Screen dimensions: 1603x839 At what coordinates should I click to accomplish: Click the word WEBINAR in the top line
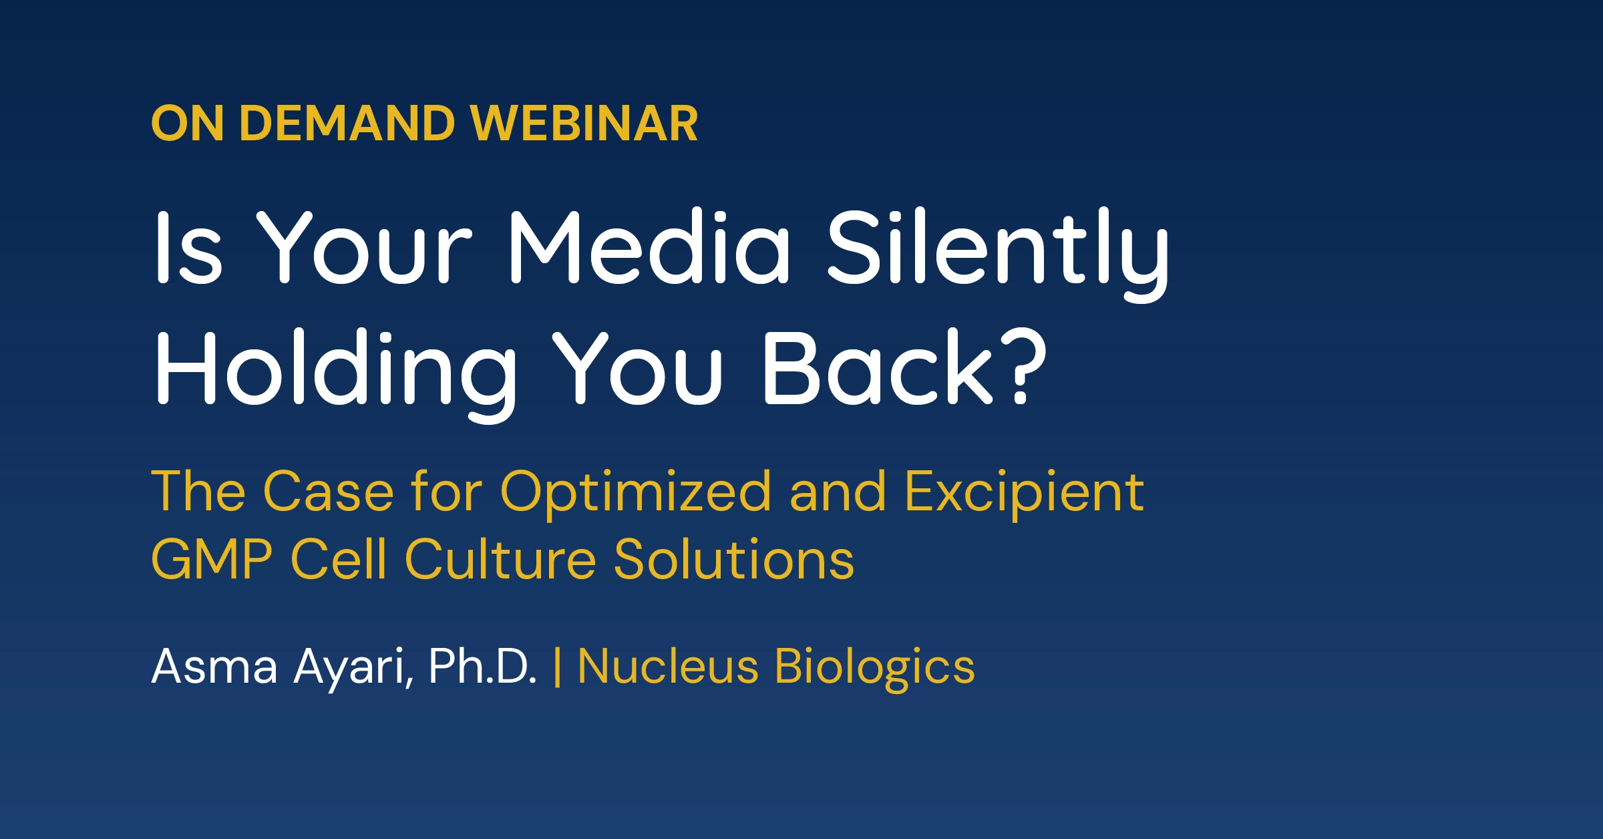584,124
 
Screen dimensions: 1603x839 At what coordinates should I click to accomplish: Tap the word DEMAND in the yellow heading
347,124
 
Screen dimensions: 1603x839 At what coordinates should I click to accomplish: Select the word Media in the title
649,246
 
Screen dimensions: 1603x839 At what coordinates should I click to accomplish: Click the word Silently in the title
998,254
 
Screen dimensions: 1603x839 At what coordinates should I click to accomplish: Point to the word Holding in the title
336,375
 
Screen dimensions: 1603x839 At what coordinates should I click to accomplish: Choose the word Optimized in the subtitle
636,494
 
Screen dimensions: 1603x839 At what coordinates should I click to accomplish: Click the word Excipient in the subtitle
1025,494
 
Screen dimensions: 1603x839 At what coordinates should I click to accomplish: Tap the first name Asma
214,666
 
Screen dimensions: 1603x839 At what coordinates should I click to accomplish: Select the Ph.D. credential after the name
483,666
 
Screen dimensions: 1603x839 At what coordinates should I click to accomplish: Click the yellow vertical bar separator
558,667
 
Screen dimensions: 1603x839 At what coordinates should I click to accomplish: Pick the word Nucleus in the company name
668,666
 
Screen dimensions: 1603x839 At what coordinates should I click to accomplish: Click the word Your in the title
365,246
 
